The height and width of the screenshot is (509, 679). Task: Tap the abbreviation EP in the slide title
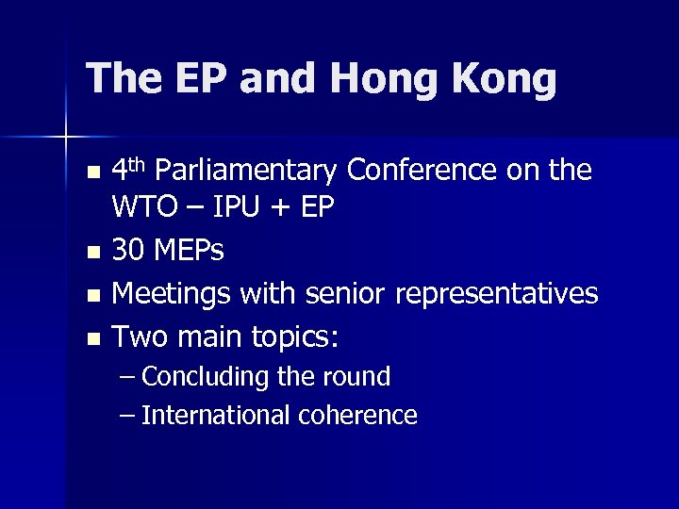[195, 79]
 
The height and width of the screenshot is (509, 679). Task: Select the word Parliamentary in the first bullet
[245, 171]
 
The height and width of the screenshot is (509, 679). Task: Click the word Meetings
[172, 294]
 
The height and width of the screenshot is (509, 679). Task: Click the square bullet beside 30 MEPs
[91, 253]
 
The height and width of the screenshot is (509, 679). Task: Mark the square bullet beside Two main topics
[91, 337]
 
